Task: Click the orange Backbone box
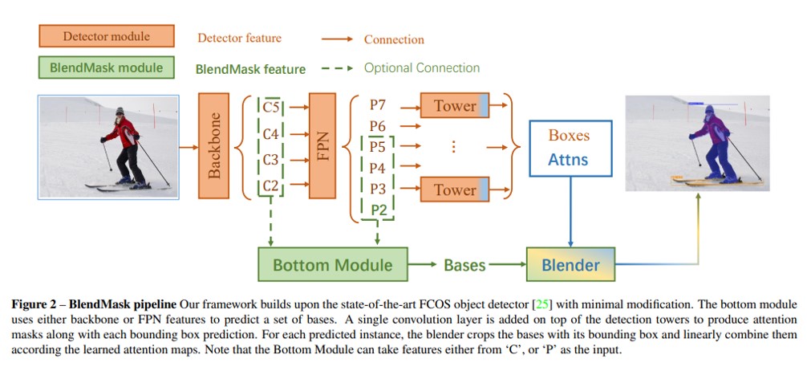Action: coord(213,146)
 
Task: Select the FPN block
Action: coord(322,146)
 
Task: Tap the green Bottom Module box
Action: coord(332,264)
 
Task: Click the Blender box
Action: coord(571,264)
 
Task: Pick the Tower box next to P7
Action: coord(455,106)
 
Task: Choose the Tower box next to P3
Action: coord(455,190)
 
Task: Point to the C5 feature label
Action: coord(270,108)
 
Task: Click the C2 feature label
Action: coord(270,186)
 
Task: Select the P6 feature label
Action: coord(377,126)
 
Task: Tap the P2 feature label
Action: coord(379,210)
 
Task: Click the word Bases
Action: coord(464,265)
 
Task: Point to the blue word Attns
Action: coord(568,159)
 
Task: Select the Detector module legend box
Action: coord(107,36)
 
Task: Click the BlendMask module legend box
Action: coord(107,67)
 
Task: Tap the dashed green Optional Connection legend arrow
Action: coord(337,68)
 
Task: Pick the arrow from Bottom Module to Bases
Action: coord(423,264)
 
